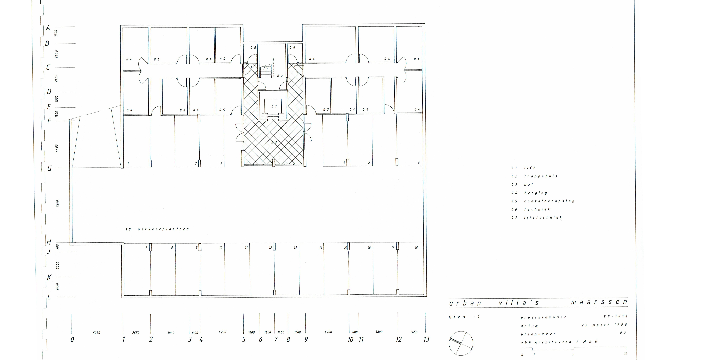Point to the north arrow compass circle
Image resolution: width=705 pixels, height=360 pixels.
[461, 343]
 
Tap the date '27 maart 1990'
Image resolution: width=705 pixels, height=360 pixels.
[604, 325]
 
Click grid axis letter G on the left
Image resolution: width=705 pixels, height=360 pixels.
[50, 168]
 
